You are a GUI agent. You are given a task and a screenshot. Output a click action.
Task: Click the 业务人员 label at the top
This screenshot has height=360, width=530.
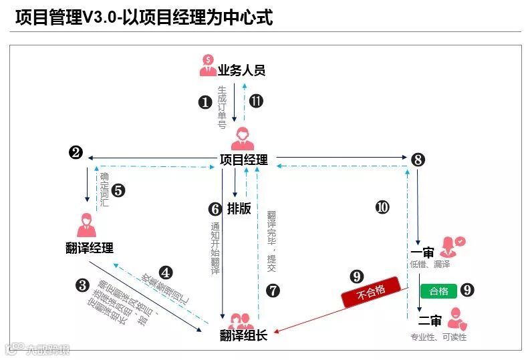(x=241, y=70)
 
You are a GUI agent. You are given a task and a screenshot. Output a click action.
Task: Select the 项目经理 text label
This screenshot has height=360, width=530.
(x=243, y=160)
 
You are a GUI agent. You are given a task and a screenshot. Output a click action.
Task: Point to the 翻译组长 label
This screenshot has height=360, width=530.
(x=243, y=336)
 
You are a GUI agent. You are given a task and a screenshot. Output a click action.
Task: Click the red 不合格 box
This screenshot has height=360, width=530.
(x=371, y=293)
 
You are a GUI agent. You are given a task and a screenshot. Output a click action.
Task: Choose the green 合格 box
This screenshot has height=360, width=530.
(x=439, y=291)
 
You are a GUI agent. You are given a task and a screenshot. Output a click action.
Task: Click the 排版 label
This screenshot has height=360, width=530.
(x=239, y=208)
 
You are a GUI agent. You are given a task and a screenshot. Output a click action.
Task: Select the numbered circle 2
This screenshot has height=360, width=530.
(x=76, y=153)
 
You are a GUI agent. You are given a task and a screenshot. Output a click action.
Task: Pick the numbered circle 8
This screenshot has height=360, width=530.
(x=418, y=160)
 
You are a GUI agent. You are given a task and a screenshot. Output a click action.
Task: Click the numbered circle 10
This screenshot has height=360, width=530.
(x=382, y=207)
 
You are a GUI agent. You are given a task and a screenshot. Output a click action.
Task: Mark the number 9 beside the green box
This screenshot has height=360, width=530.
(x=468, y=290)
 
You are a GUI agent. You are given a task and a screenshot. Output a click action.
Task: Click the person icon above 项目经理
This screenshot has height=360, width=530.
(x=243, y=139)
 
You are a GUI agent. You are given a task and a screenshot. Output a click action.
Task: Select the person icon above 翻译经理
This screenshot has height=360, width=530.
(x=86, y=226)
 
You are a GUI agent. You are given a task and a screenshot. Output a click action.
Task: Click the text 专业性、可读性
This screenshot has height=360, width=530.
(x=438, y=337)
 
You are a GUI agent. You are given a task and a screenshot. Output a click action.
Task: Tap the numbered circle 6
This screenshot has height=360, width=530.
(x=215, y=209)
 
